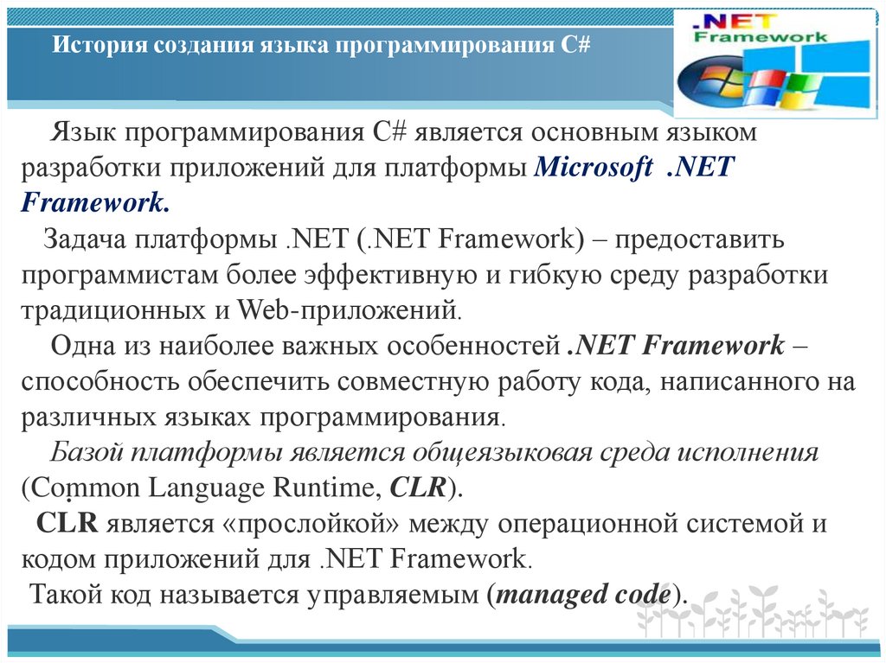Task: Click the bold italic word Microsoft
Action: [594, 168]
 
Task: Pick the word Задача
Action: [83, 239]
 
